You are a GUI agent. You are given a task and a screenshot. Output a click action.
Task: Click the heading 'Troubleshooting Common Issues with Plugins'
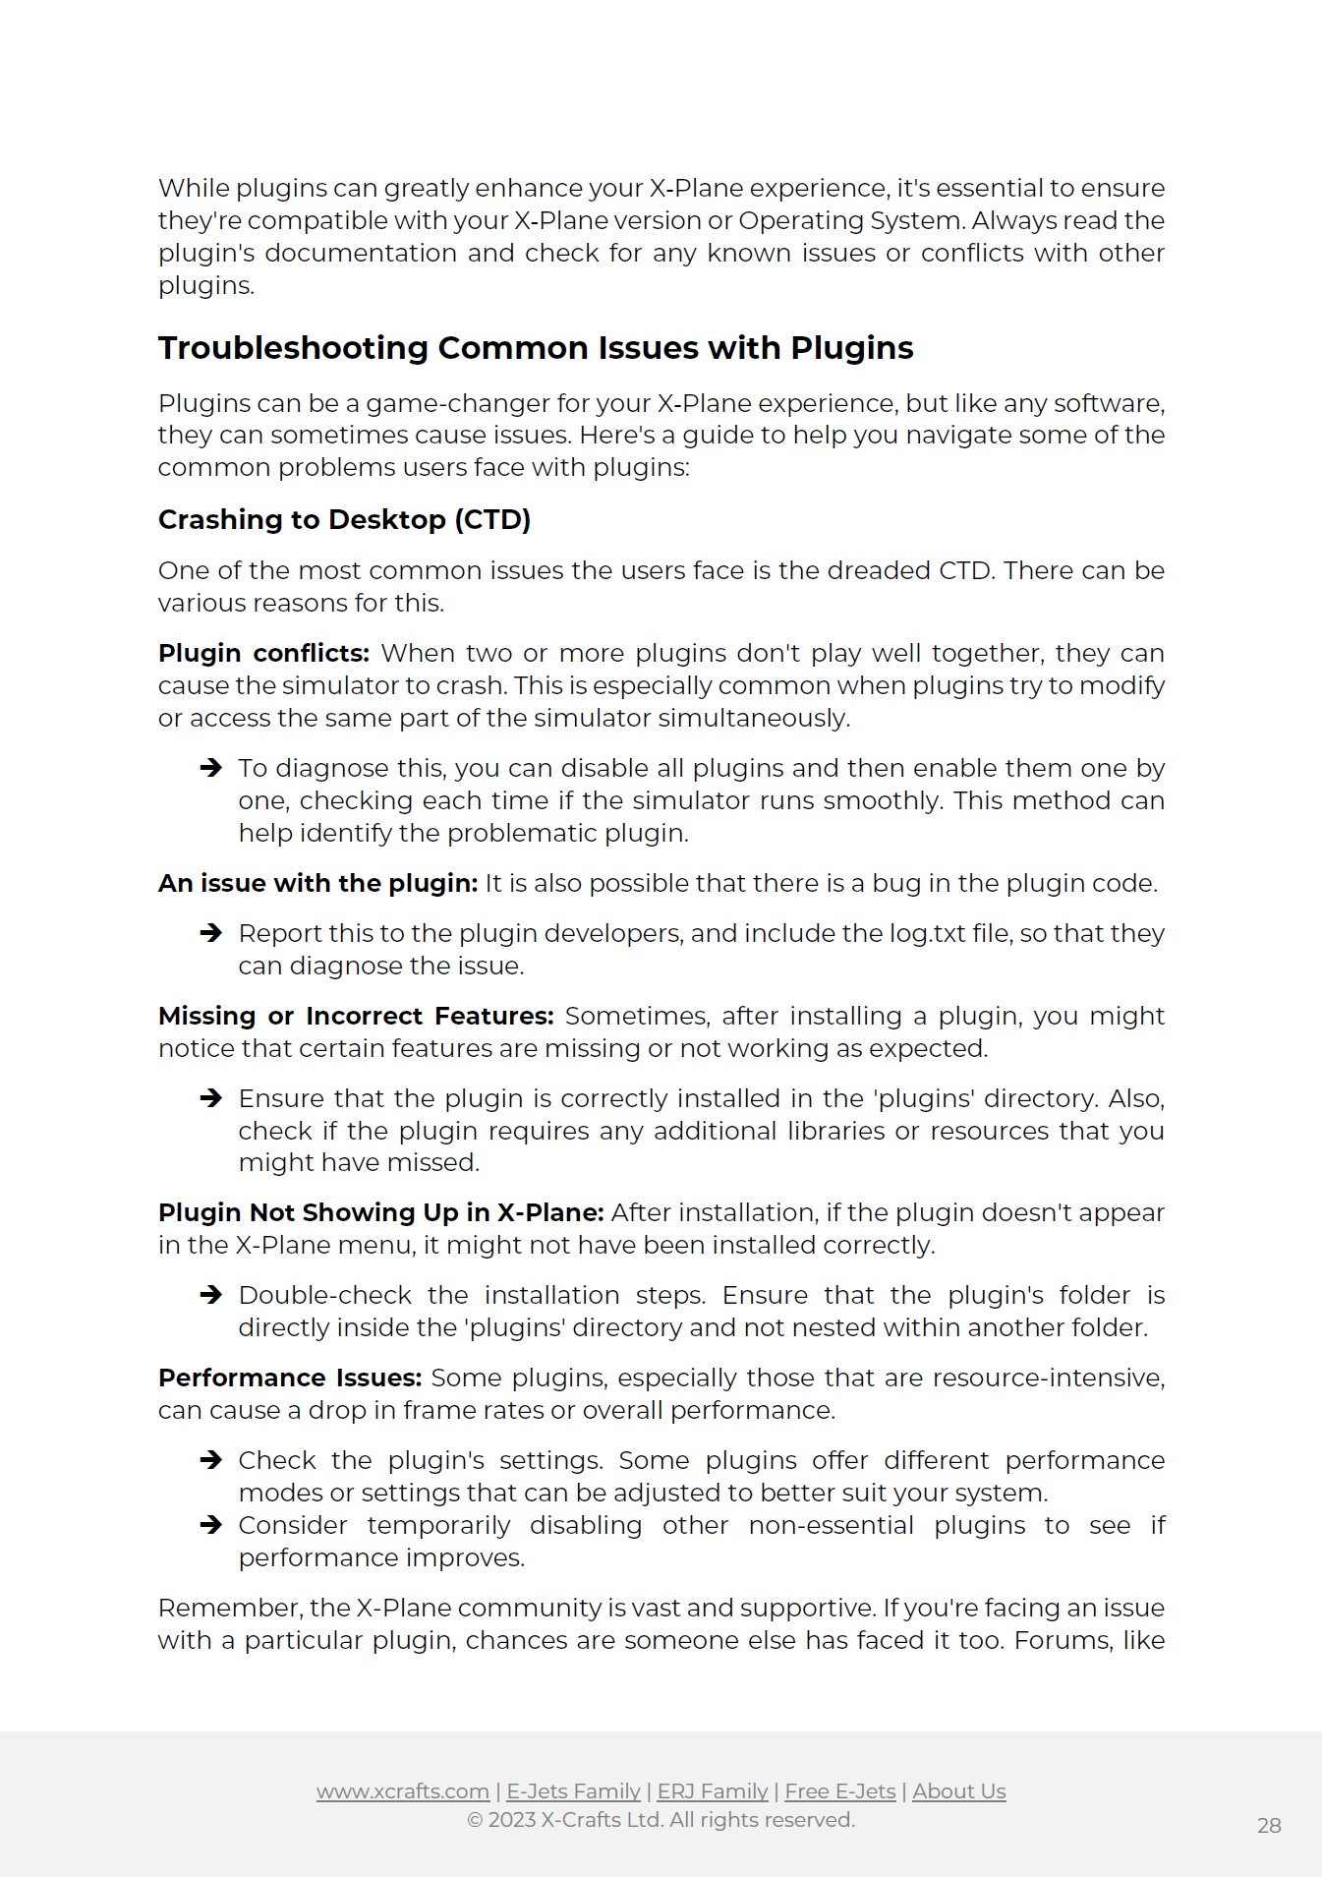point(536,348)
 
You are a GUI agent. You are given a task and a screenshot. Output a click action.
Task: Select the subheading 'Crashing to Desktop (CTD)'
point(344,519)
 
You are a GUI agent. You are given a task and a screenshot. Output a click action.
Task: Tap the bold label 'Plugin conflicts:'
point(263,653)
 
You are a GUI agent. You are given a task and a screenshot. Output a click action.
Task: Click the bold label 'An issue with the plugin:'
point(317,883)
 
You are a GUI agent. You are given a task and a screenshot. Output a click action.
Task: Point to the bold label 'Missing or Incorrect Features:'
point(356,1016)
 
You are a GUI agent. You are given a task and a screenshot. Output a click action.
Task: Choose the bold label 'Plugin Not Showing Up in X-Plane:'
point(380,1212)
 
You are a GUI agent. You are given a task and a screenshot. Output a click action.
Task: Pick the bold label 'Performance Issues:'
point(290,1378)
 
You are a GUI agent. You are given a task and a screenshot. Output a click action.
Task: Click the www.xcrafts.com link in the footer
point(403,1791)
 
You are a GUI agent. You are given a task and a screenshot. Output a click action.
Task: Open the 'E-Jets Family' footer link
point(573,1791)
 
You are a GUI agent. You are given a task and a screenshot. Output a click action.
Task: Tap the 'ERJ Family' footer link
point(713,1791)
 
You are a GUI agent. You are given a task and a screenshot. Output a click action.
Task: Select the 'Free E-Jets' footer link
point(840,1791)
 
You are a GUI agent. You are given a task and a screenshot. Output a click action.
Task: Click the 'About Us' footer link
point(959,1791)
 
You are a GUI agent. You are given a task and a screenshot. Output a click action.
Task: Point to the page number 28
point(1269,1826)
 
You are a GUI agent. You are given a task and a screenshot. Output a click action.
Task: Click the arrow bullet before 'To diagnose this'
point(210,768)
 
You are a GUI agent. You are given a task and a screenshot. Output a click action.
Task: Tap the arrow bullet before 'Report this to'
point(210,933)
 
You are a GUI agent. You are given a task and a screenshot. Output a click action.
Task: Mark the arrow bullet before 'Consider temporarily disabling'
point(210,1525)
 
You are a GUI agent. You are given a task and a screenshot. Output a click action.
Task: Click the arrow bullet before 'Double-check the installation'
point(210,1295)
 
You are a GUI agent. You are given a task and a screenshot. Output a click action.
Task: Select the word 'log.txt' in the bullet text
point(928,933)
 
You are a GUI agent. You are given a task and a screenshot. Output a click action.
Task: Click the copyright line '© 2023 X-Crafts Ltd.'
point(661,1820)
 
